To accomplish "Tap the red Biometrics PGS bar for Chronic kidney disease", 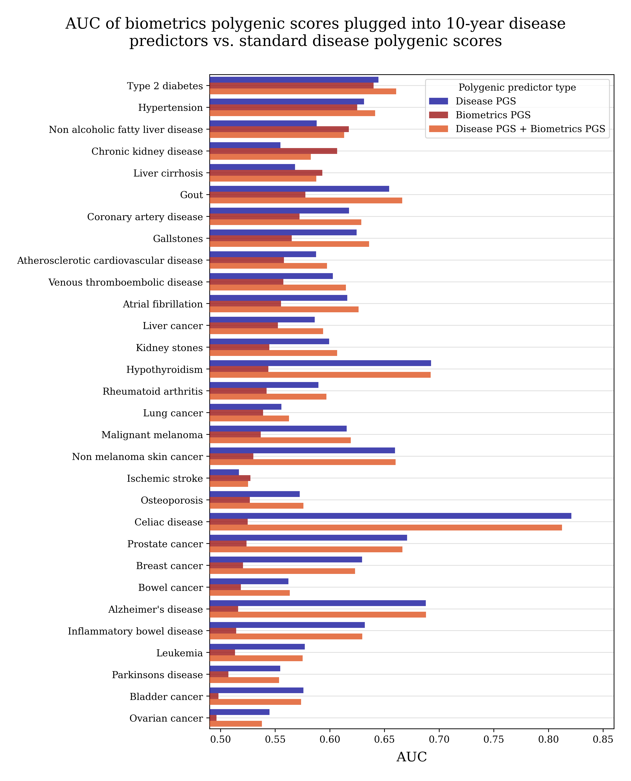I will pos(273,151).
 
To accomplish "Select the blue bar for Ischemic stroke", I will pos(224,472).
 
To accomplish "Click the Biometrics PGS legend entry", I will pos(493,115).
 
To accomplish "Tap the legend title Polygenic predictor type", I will pos(517,88).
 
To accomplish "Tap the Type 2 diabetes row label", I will pos(165,86).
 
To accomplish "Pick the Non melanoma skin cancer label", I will pos(137,457).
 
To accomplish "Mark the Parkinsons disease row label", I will pos(157,675).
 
